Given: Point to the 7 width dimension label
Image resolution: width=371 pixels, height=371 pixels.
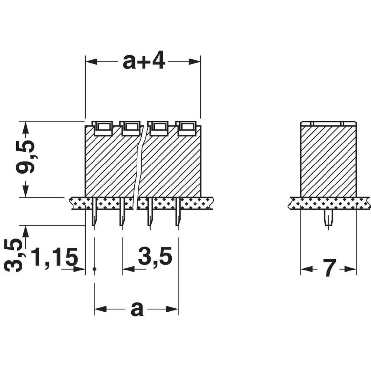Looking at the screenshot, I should coord(329,268).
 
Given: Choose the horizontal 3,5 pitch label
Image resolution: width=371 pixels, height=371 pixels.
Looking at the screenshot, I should coord(155,257).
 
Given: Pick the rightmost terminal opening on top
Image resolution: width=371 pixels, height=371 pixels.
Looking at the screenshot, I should coord(187,128).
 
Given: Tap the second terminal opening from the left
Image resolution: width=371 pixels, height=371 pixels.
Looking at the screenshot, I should coord(131,128).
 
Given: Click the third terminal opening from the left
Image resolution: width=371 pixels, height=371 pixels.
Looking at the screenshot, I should coord(159,128).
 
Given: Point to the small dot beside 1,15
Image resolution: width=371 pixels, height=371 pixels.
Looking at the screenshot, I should coord(95,269).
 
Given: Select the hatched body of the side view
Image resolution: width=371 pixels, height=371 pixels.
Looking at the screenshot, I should coord(328,161).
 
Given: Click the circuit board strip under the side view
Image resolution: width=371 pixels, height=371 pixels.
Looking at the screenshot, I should coord(329,203).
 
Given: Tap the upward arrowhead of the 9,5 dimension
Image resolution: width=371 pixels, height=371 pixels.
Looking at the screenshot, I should coord(25,128).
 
